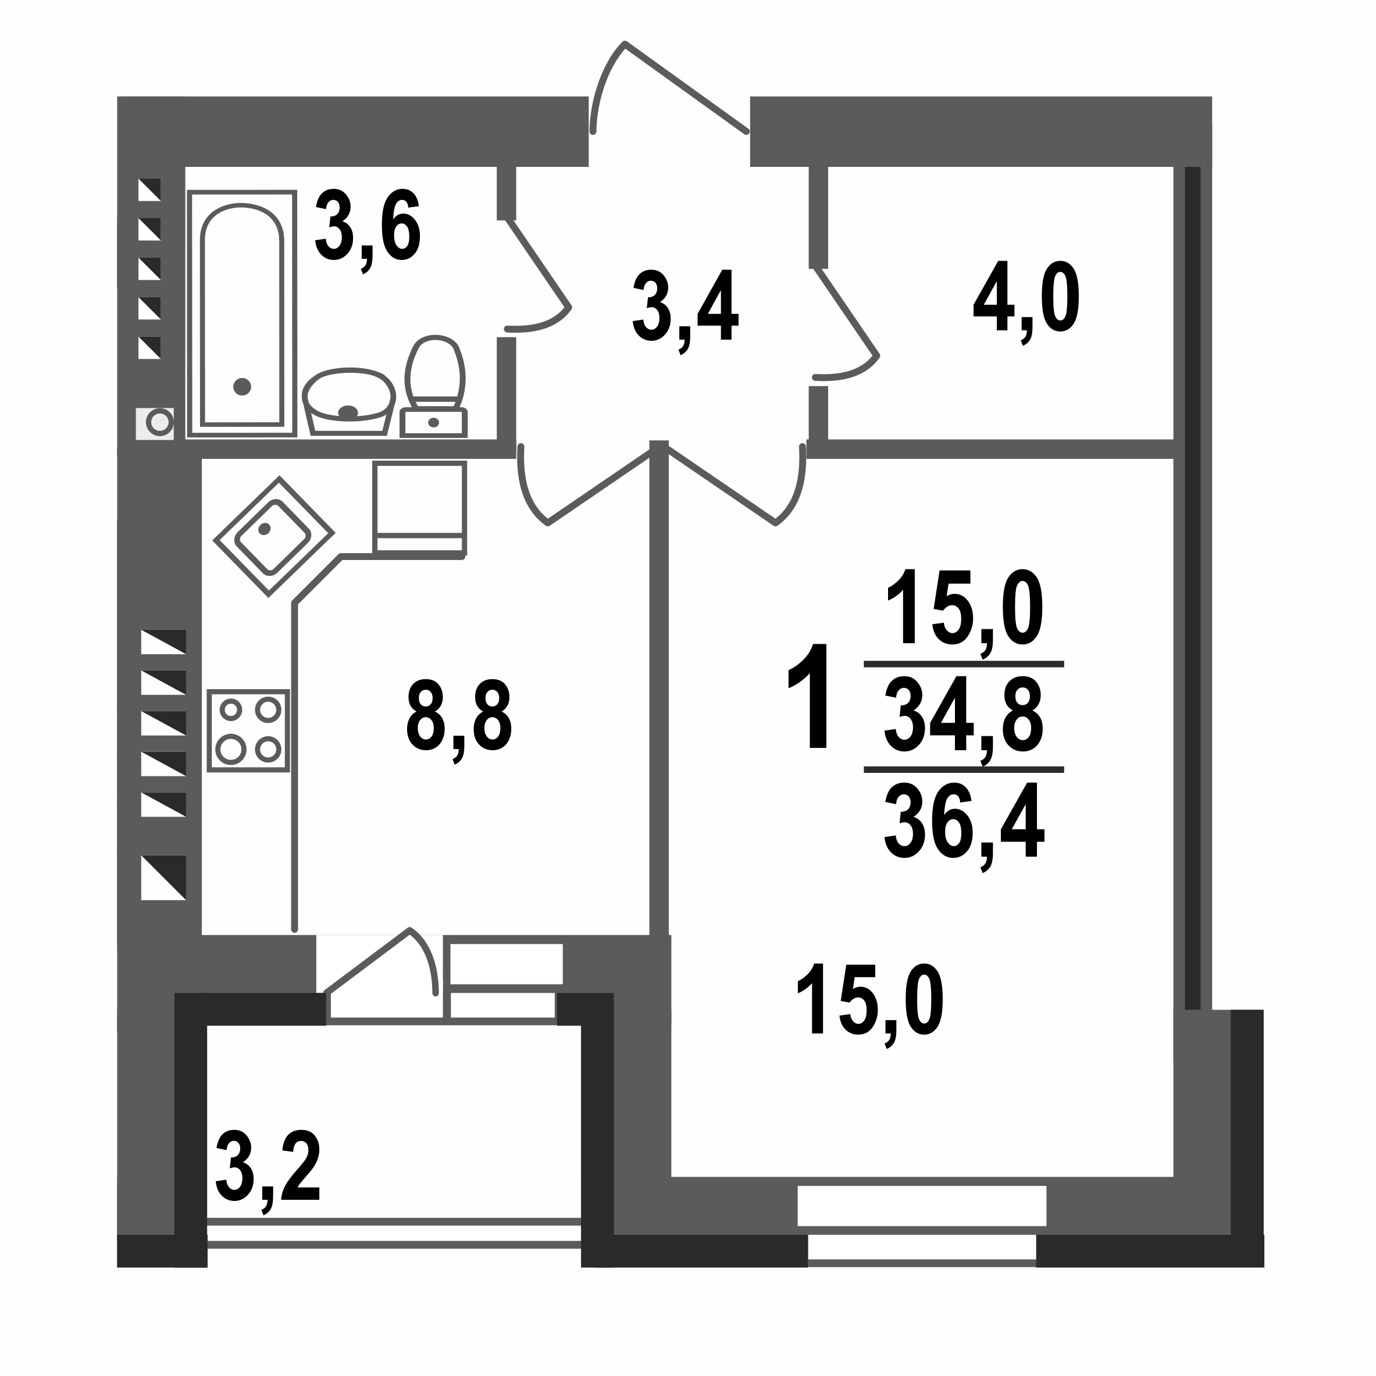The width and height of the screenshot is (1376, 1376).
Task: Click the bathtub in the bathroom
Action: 242,313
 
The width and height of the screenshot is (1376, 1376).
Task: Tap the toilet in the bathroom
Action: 434,384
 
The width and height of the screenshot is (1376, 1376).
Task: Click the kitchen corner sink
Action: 273,536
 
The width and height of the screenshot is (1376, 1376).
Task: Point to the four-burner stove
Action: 248,730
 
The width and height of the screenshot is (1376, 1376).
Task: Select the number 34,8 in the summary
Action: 964,714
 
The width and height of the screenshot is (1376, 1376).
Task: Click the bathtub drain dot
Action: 242,387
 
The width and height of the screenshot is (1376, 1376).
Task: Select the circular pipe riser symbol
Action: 159,422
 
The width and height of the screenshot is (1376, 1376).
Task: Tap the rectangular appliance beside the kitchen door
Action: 419,507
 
